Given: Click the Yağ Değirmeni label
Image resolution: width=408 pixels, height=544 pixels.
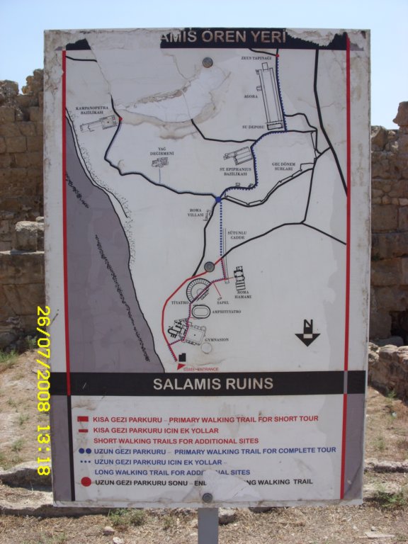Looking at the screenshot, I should [159, 150].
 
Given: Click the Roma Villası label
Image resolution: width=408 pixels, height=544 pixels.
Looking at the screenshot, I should [196, 213].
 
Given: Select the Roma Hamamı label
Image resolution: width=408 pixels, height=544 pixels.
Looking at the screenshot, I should [243, 293].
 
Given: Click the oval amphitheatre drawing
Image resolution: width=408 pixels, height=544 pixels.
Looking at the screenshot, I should [201, 311].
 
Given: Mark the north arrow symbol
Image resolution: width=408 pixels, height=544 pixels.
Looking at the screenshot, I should [307, 334].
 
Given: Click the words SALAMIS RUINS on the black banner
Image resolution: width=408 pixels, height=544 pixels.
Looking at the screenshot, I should [213, 384].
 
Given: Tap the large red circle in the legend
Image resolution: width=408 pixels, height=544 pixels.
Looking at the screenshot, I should [86, 482].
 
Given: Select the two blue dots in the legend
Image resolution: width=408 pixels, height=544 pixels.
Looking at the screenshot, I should [85, 450].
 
